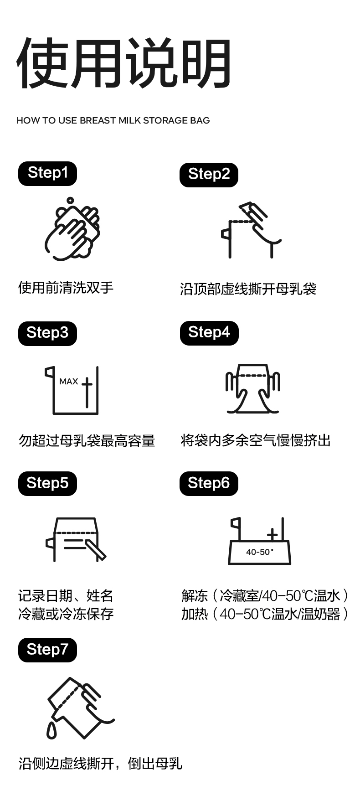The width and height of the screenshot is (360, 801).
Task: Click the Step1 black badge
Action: (x=47, y=173)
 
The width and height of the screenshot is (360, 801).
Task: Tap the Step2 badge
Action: (x=209, y=175)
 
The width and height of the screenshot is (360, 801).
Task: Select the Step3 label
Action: (x=47, y=333)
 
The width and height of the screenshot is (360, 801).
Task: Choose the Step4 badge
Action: (x=209, y=333)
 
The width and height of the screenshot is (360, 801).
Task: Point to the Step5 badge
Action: (x=47, y=483)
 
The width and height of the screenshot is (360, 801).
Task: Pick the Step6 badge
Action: (x=209, y=483)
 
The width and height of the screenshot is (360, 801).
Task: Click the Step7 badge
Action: (x=47, y=650)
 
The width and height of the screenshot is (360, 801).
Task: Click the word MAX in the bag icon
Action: (x=69, y=381)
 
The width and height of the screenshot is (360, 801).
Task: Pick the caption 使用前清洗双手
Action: (x=66, y=288)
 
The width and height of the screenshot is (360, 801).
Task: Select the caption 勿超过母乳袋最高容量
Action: (x=87, y=441)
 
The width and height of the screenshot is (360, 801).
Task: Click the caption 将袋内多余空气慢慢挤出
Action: (x=256, y=440)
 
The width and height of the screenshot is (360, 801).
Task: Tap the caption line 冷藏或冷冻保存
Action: (x=66, y=614)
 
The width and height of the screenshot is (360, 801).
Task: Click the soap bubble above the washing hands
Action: (x=70, y=200)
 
